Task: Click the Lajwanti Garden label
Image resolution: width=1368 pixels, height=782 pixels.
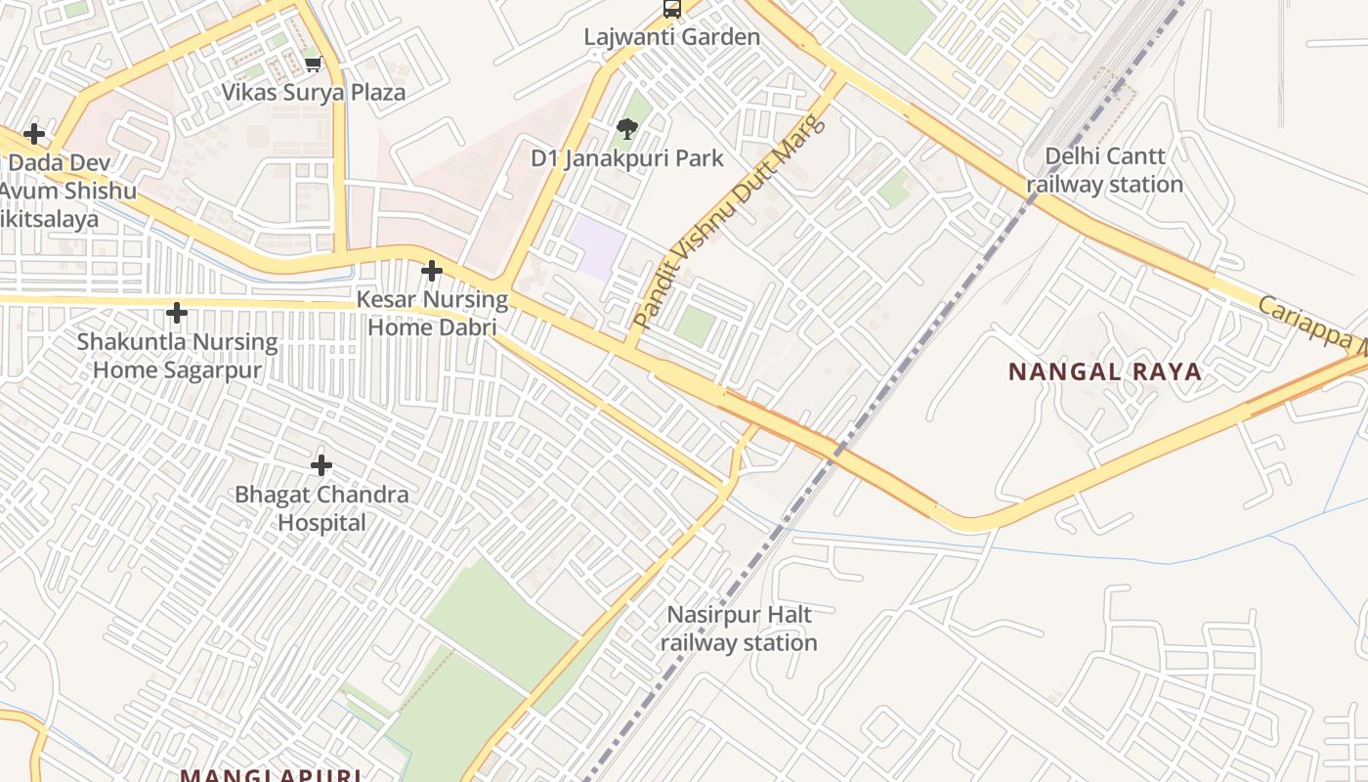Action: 671,37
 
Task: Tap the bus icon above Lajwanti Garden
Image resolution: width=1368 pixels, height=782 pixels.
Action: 671,9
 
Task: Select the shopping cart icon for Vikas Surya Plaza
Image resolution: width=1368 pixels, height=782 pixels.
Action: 313,65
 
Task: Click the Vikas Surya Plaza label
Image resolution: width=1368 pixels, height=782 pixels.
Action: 313,93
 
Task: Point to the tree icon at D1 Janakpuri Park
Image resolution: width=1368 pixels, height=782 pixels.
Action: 627,128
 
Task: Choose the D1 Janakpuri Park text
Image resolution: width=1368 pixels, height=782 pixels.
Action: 627,158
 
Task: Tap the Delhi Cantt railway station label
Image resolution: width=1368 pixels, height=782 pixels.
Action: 1104,170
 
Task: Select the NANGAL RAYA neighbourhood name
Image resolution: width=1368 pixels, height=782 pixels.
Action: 1104,372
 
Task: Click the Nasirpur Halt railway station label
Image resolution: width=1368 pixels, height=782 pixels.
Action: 739,629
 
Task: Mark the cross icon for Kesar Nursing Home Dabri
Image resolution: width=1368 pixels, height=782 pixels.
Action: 431,271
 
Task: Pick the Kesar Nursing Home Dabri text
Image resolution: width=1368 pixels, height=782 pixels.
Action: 431,313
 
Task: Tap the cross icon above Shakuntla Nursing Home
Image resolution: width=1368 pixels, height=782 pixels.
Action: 177,313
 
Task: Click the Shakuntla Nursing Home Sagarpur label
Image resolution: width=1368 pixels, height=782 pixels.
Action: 177,357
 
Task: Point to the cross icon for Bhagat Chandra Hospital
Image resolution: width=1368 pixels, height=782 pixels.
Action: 321,465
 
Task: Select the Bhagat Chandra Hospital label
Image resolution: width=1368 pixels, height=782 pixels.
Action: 321,508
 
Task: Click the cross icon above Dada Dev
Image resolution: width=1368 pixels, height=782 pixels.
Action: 34,133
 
